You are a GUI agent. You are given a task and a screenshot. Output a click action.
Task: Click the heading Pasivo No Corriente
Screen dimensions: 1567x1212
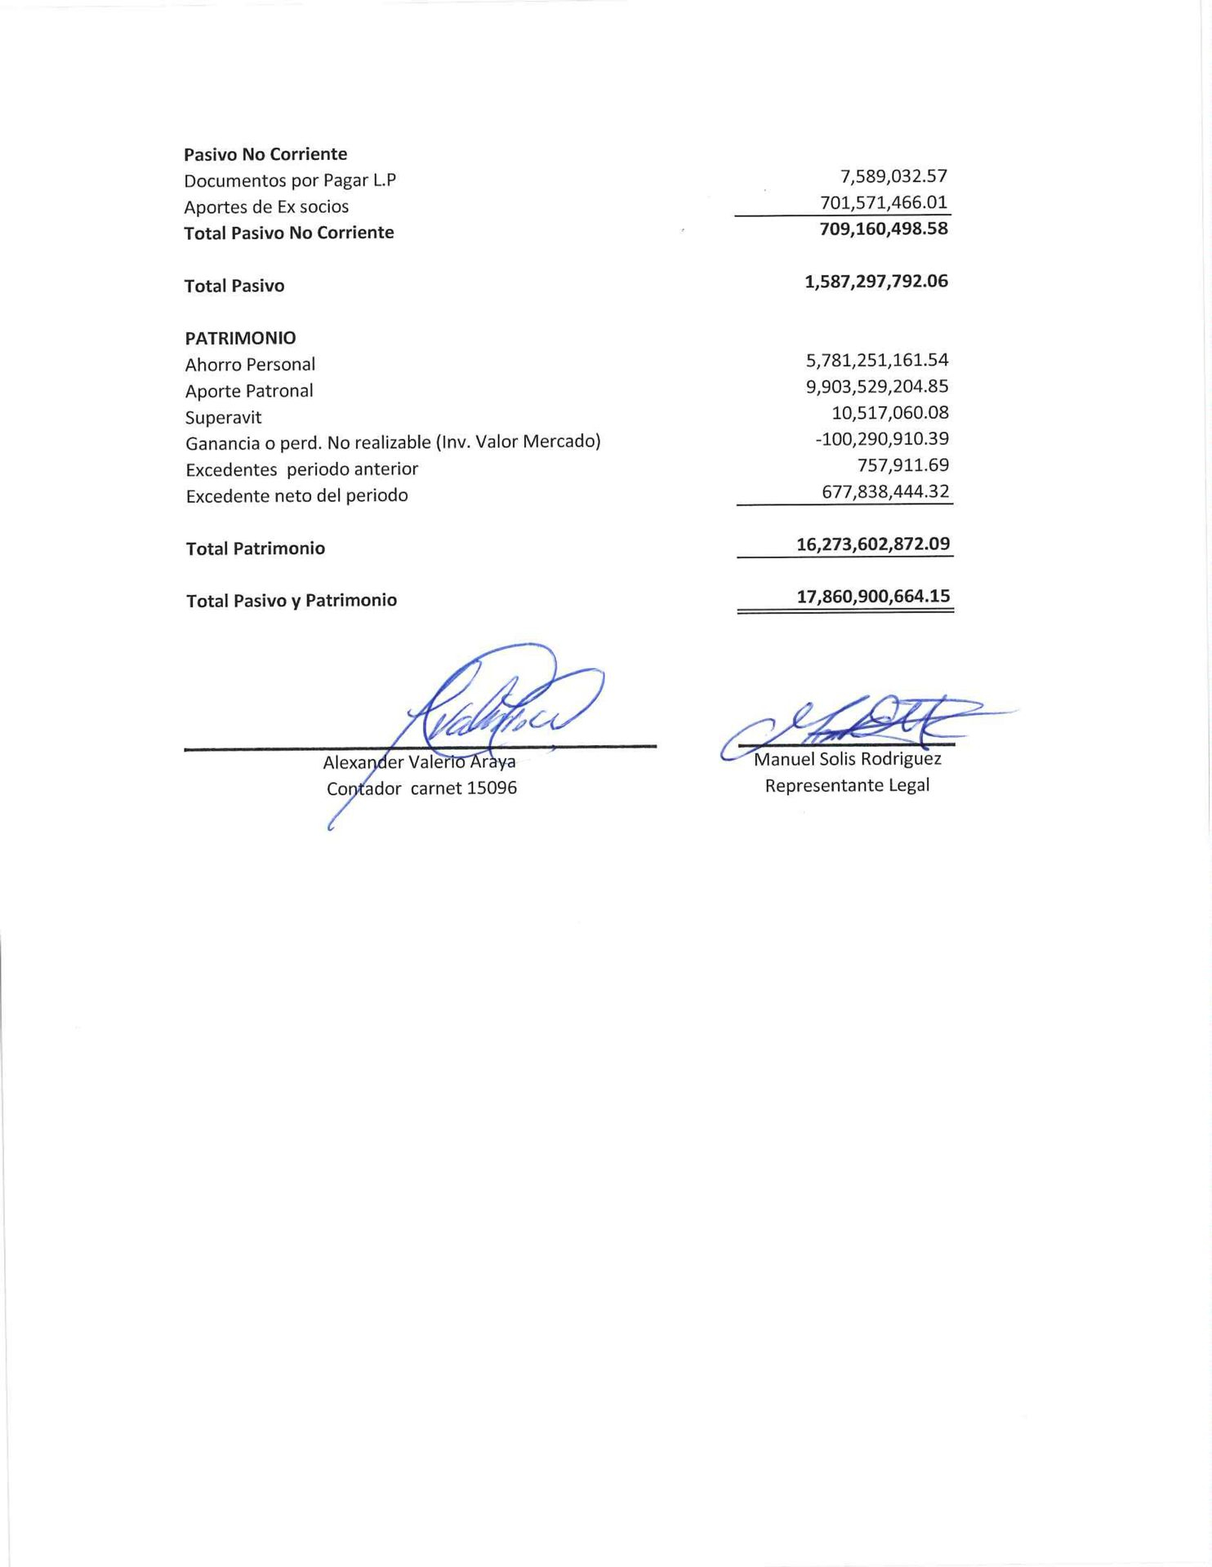tap(265, 154)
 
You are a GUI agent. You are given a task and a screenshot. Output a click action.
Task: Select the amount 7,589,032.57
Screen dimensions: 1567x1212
tap(893, 176)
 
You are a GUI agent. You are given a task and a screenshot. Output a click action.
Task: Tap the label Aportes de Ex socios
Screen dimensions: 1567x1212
tap(266, 206)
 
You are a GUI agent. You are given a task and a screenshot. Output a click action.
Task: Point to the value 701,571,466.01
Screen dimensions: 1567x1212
tap(884, 202)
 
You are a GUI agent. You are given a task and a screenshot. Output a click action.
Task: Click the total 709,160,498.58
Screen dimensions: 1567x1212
tap(884, 229)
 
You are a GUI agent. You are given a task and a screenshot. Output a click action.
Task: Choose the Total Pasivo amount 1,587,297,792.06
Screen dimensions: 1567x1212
tap(876, 282)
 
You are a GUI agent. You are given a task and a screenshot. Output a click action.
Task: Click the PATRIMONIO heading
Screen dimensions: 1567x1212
tap(240, 338)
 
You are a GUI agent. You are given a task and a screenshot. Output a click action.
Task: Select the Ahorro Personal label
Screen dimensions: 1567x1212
tap(250, 365)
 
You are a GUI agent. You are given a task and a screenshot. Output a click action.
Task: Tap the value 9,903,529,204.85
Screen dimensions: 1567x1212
tap(877, 386)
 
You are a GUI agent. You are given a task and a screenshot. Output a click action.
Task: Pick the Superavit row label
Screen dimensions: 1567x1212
tap(223, 418)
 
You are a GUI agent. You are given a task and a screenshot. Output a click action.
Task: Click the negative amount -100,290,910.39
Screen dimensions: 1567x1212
tap(882, 439)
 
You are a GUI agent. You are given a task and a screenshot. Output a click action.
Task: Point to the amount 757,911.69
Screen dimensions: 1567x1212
tap(902, 465)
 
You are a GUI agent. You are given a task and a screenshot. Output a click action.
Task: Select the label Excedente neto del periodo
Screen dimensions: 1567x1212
tap(296, 496)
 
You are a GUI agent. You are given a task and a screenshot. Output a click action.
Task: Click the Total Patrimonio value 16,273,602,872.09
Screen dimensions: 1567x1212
tap(873, 544)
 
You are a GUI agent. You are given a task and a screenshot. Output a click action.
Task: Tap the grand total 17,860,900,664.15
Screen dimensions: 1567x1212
tap(873, 597)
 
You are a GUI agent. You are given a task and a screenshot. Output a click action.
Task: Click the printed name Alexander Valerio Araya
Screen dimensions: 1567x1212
tap(419, 762)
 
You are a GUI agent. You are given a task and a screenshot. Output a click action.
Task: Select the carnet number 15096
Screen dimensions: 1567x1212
tap(491, 788)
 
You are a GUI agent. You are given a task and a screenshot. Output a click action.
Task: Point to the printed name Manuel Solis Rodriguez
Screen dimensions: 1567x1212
tap(847, 760)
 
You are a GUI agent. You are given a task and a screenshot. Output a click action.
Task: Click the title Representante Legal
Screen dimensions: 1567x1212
tap(847, 786)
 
